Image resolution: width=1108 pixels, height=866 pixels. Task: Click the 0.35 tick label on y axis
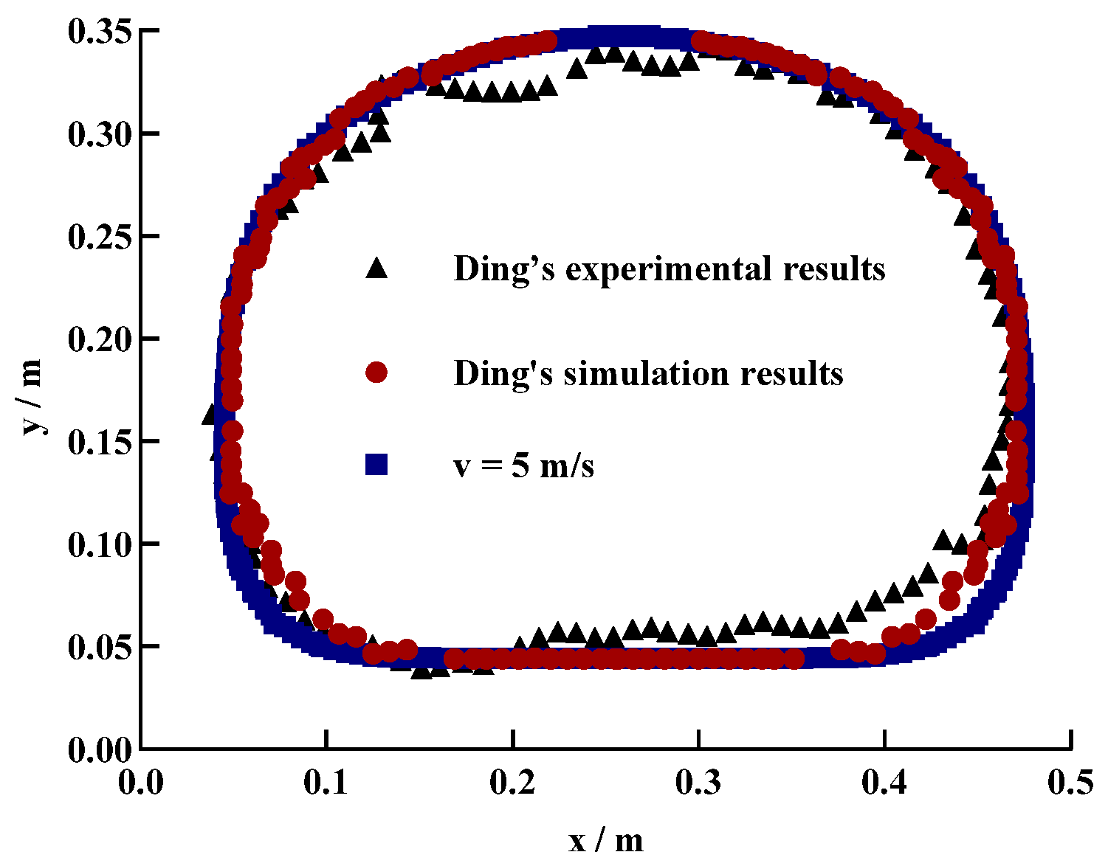click(100, 32)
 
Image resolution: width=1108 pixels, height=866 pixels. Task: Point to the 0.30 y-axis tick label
click(100, 134)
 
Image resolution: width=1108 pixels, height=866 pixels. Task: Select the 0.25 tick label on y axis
click(100, 237)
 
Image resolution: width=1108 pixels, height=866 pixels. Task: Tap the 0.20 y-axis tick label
click(100, 339)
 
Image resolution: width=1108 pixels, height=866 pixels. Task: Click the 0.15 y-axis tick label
click(100, 442)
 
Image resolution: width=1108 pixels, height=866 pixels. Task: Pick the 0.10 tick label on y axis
click(100, 544)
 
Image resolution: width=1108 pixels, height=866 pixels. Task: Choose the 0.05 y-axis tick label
click(100, 647)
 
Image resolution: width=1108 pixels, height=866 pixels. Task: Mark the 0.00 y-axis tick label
click(100, 749)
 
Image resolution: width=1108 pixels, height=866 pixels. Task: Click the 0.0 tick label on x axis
click(140, 783)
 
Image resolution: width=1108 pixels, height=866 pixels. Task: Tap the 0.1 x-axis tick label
click(326, 783)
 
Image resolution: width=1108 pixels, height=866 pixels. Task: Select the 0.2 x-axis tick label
click(512, 783)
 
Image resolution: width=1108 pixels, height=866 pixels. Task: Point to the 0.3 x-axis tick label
click(698, 783)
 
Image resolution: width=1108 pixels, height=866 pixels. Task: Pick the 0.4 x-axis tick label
click(884, 783)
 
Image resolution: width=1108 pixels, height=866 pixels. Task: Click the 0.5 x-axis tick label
click(1070, 783)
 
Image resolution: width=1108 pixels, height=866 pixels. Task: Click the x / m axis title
click(605, 840)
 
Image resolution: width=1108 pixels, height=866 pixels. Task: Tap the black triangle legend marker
click(376, 269)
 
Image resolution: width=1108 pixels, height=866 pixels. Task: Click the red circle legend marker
click(376, 373)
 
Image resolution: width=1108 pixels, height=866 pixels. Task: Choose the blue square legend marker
click(376, 465)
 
